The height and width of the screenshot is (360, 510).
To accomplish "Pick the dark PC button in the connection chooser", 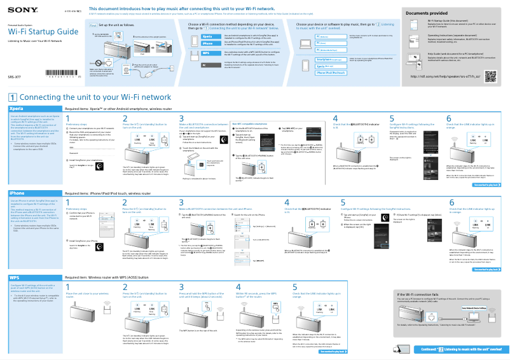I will coord(207,65).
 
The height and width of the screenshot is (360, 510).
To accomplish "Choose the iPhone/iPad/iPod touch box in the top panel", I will coord(331,73).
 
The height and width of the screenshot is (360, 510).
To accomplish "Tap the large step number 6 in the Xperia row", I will coord(449,118).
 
